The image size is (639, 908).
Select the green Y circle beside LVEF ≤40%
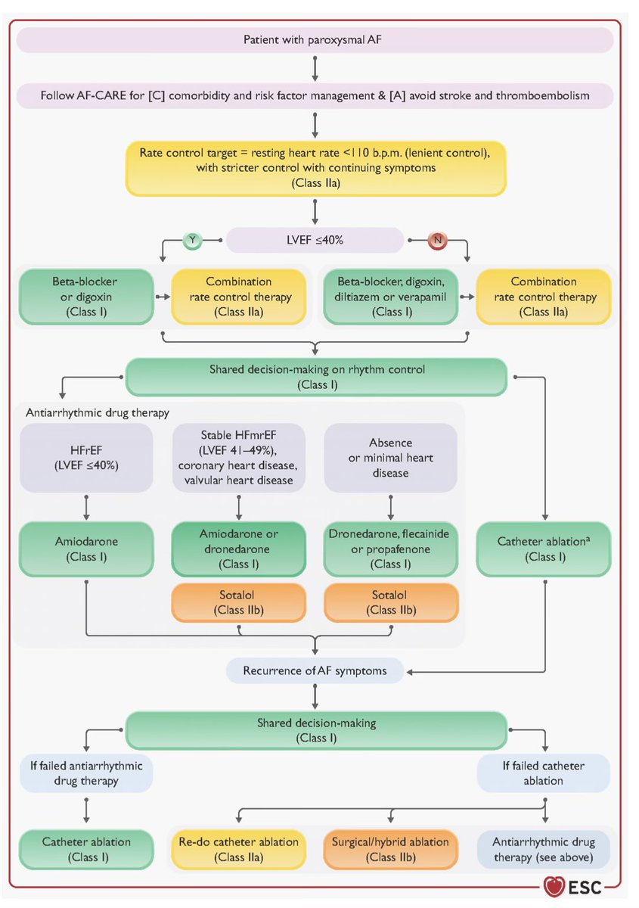click(193, 240)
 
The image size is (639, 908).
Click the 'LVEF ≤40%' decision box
click(314, 240)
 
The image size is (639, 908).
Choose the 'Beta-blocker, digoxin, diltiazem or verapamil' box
click(389, 296)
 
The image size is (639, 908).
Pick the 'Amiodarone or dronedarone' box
click(239, 549)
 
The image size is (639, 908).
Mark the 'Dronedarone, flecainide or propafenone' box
click(389, 549)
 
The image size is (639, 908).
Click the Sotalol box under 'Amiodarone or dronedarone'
click(239, 602)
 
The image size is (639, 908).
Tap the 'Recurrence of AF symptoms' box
click(314, 670)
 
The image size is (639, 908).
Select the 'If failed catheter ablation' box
click(542, 773)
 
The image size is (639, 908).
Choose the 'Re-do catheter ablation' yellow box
click(239, 849)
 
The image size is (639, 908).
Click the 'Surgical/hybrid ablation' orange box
click(389, 849)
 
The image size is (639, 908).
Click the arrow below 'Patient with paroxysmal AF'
click(314, 67)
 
